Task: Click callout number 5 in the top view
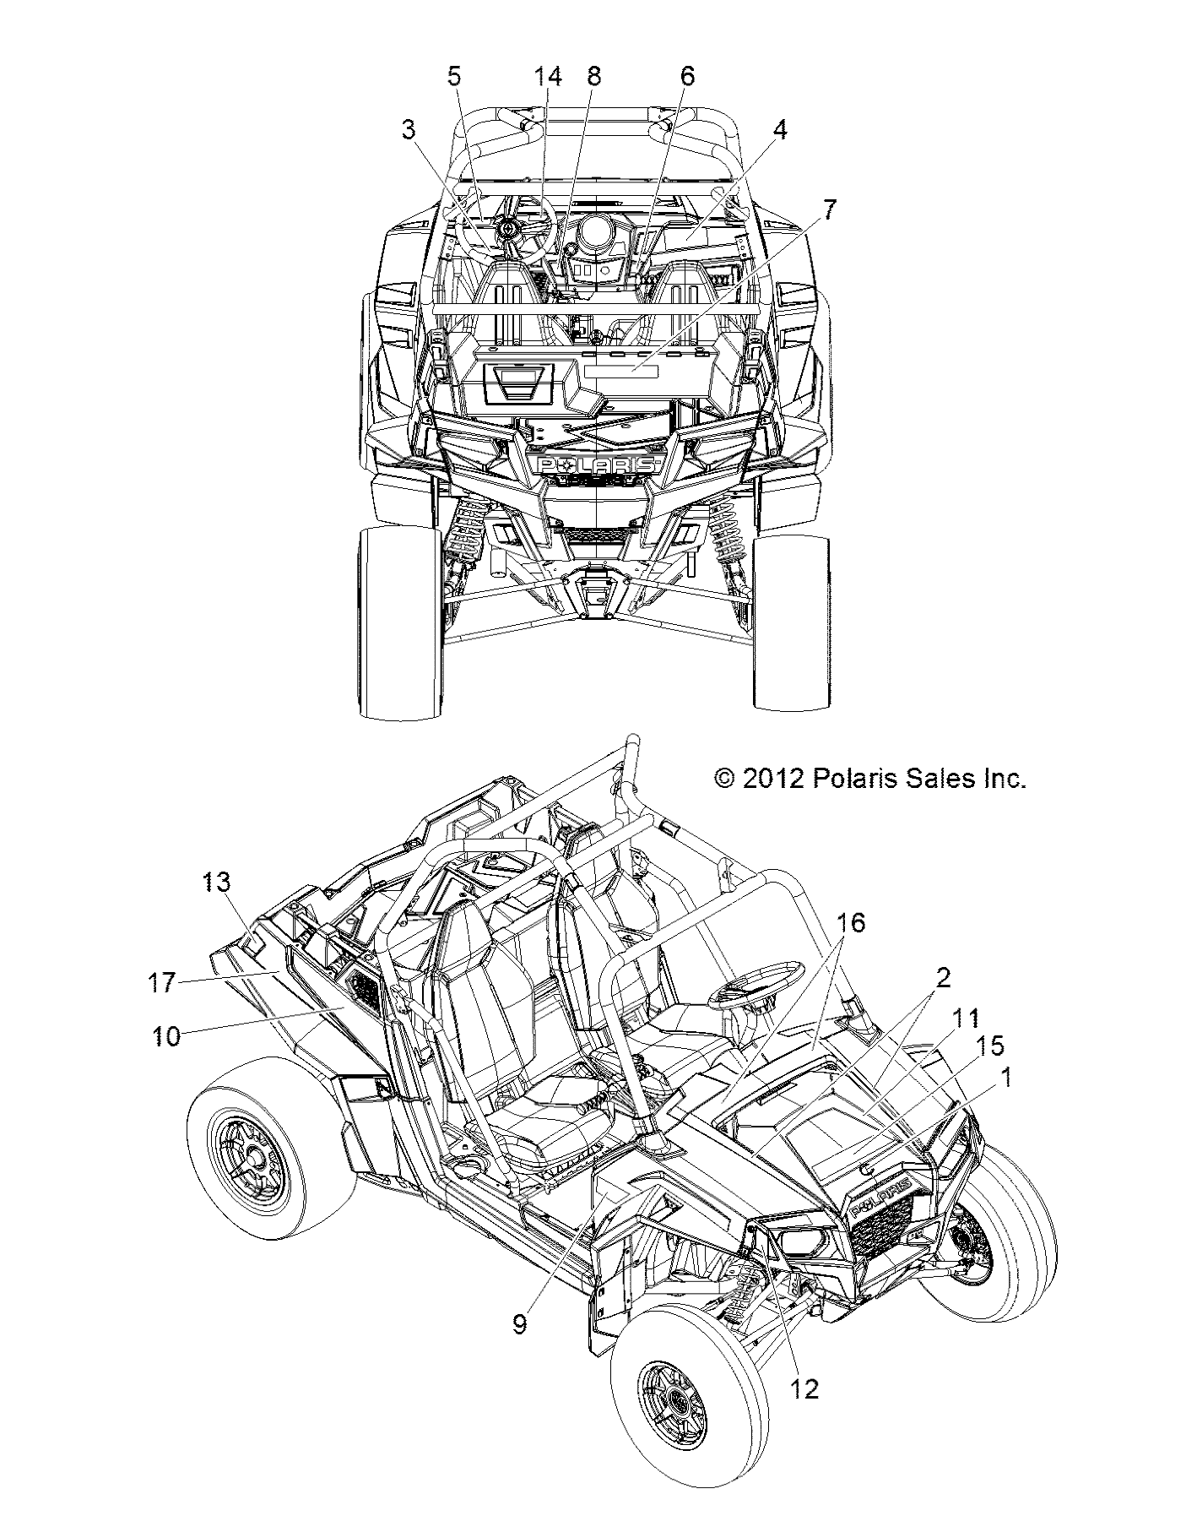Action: (x=454, y=77)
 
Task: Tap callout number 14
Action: (x=547, y=77)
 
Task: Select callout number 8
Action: (x=593, y=77)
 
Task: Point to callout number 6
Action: (x=687, y=77)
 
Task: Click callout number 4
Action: (x=779, y=130)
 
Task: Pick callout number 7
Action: (x=830, y=210)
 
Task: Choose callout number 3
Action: (x=409, y=130)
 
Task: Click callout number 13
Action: (x=215, y=883)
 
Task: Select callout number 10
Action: (x=166, y=1036)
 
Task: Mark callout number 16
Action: (x=852, y=923)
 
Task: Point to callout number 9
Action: (x=519, y=1324)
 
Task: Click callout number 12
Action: (x=805, y=1388)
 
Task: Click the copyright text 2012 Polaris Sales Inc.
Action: (x=869, y=778)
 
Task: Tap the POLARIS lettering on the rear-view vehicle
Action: (x=596, y=465)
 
